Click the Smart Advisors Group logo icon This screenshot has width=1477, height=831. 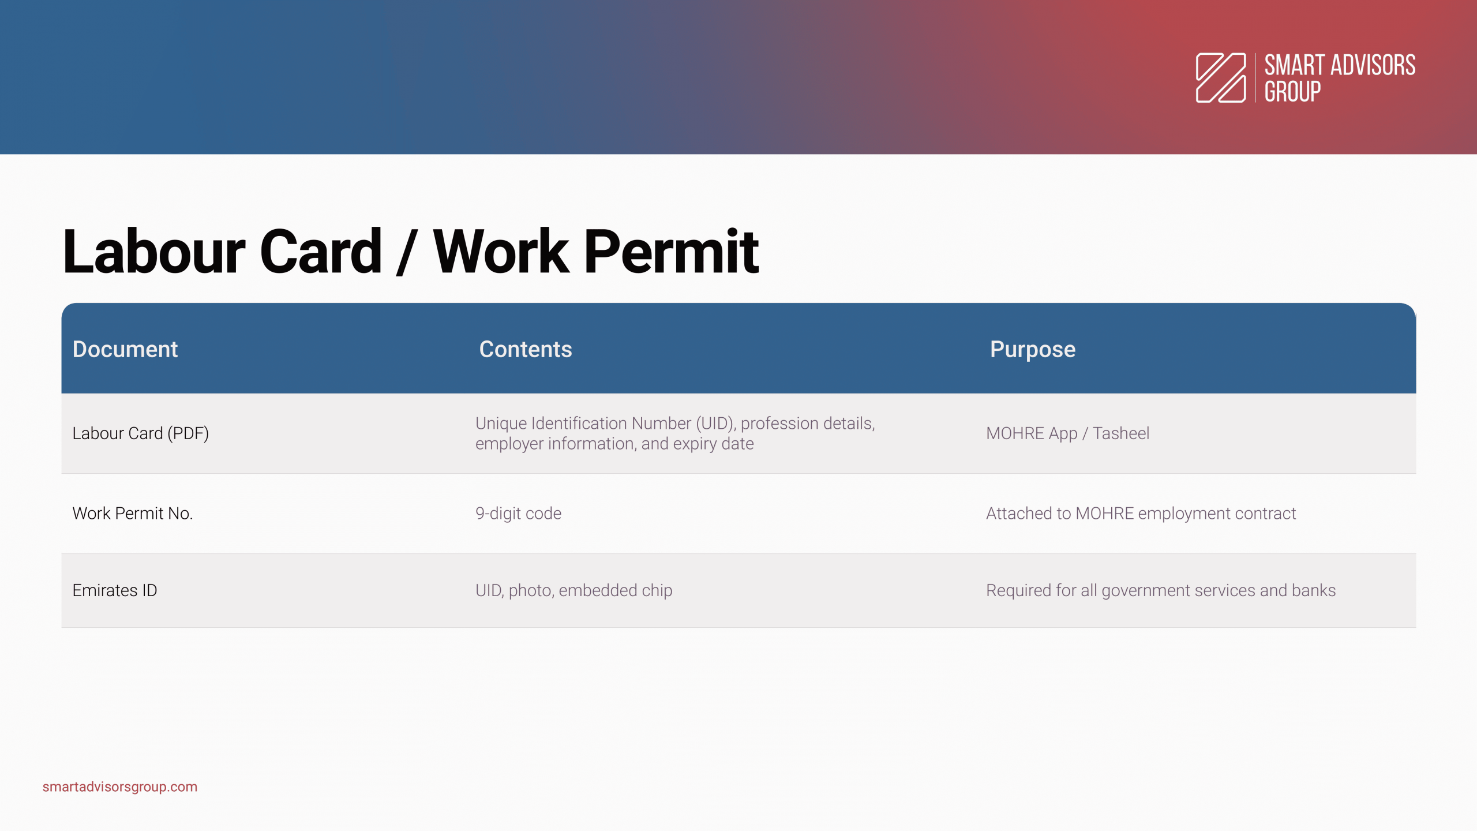1221,78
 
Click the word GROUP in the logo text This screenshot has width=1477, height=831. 1292,92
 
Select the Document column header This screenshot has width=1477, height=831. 125,349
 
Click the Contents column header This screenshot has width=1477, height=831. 526,349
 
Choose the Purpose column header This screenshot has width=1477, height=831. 1033,350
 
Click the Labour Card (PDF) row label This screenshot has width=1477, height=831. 141,433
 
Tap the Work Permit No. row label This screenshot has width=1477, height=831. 133,513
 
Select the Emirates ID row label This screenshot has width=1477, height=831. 115,590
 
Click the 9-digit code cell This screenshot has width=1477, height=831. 518,513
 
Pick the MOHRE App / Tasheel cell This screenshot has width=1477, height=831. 1067,433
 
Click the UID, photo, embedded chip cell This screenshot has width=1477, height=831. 574,590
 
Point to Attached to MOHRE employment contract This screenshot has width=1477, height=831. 1141,513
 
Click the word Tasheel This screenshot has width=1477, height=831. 1121,433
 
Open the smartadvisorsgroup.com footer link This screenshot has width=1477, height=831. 120,787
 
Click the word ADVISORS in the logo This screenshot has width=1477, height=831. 1373,65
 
